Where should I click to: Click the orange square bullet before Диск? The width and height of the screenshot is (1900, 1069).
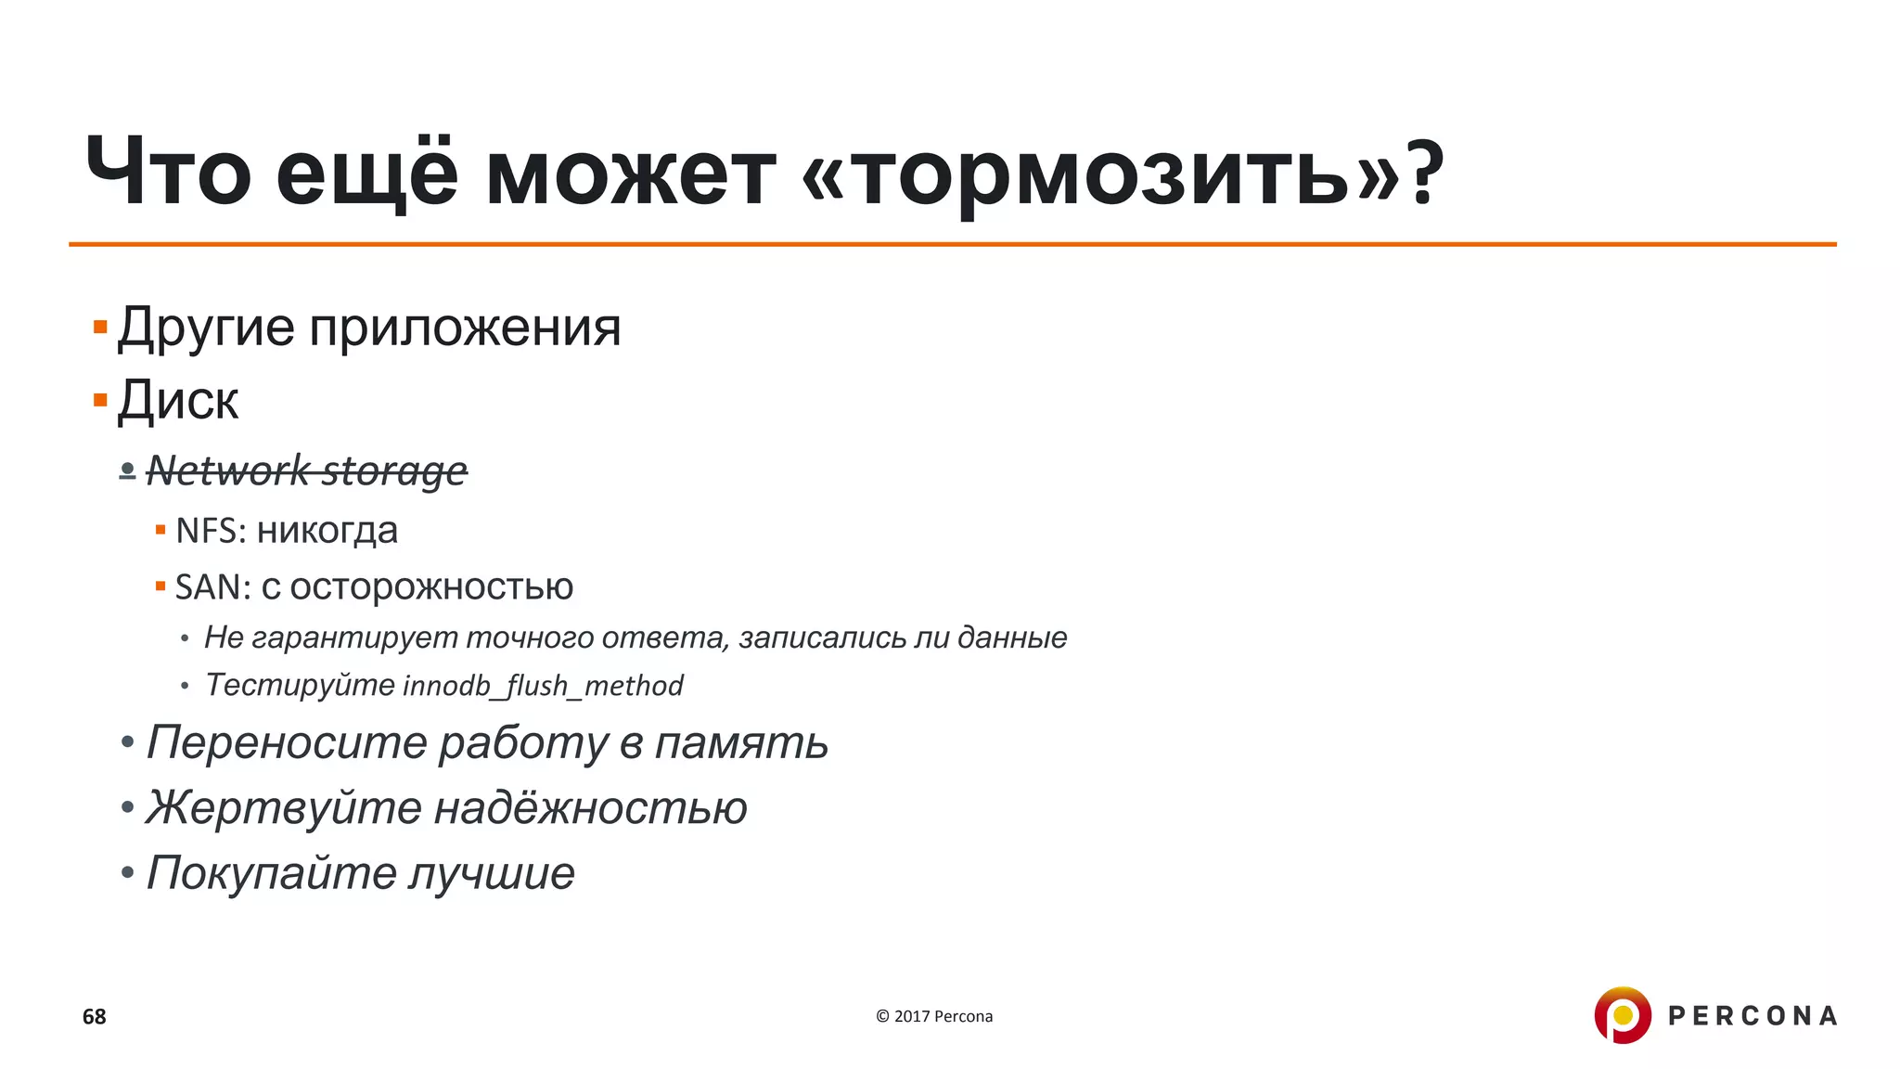[x=100, y=401]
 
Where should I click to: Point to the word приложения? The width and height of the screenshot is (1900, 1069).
[x=464, y=328]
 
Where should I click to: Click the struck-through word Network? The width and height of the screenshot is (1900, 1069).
[x=228, y=470]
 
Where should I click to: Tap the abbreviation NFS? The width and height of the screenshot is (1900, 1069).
[x=210, y=531]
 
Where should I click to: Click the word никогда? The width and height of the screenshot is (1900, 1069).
[x=327, y=531]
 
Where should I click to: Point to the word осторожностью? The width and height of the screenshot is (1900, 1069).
[x=431, y=587]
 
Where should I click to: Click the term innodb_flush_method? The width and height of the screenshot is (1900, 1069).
[x=543, y=686]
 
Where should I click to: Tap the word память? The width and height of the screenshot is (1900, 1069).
[x=740, y=743]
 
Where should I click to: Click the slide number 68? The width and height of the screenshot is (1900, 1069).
[x=95, y=1017]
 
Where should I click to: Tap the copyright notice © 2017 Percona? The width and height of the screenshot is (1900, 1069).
[x=934, y=1016]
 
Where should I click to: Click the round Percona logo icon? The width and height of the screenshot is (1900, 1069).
[x=1623, y=1015]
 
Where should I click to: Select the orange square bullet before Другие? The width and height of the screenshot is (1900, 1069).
[x=100, y=328]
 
